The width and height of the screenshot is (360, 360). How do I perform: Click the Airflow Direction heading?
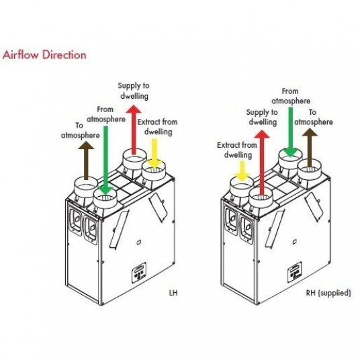coord(44,55)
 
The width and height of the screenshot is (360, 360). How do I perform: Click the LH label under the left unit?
coord(173,294)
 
